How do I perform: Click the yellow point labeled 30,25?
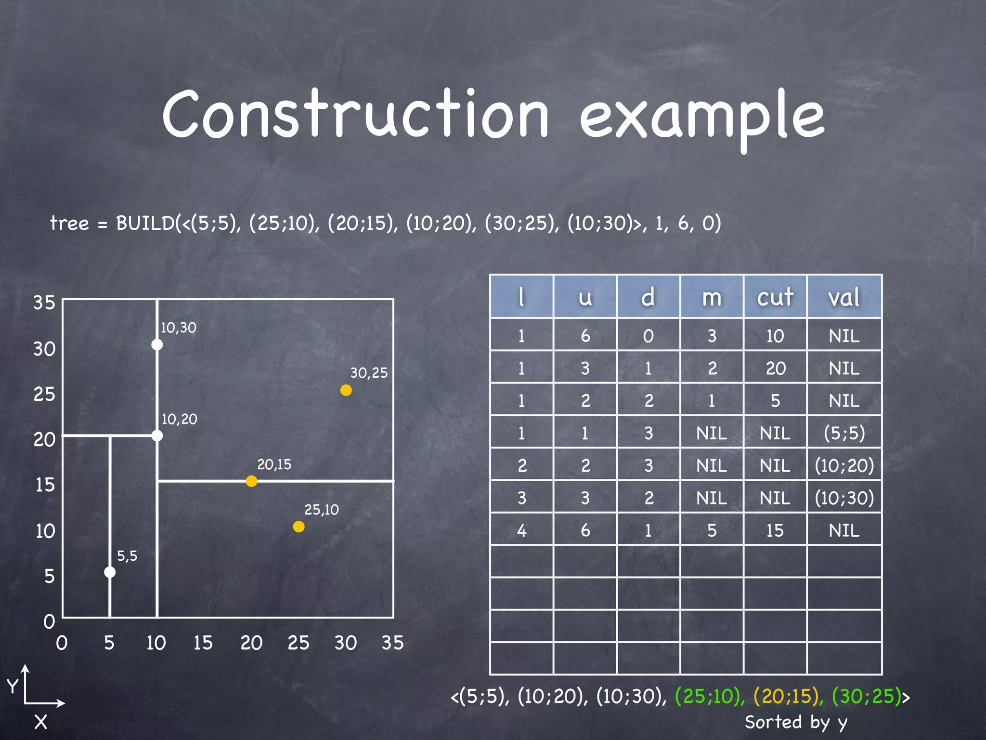(x=346, y=390)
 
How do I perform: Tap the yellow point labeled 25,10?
(x=298, y=527)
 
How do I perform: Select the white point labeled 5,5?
(x=110, y=572)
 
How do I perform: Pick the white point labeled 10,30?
(x=157, y=344)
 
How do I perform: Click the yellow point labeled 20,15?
(x=251, y=481)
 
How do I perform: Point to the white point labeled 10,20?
(x=157, y=436)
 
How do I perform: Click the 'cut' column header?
(x=775, y=297)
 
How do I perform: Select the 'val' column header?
(x=844, y=297)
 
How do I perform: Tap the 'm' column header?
(x=712, y=297)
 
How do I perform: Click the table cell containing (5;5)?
(x=844, y=433)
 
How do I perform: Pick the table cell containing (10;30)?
(x=844, y=498)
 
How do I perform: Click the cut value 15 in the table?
(x=775, y=530)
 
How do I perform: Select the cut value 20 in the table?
(x=775, y=368)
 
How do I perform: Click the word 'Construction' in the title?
(x=355, y=115)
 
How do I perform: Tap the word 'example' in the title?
(x=702, y=118)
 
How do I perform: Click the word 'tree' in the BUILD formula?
(x=69, y=223)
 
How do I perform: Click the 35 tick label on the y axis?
(x=44, y=303)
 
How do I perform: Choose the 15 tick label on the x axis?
(x=203, y=643)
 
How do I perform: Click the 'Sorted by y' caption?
(x=795, y=722)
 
